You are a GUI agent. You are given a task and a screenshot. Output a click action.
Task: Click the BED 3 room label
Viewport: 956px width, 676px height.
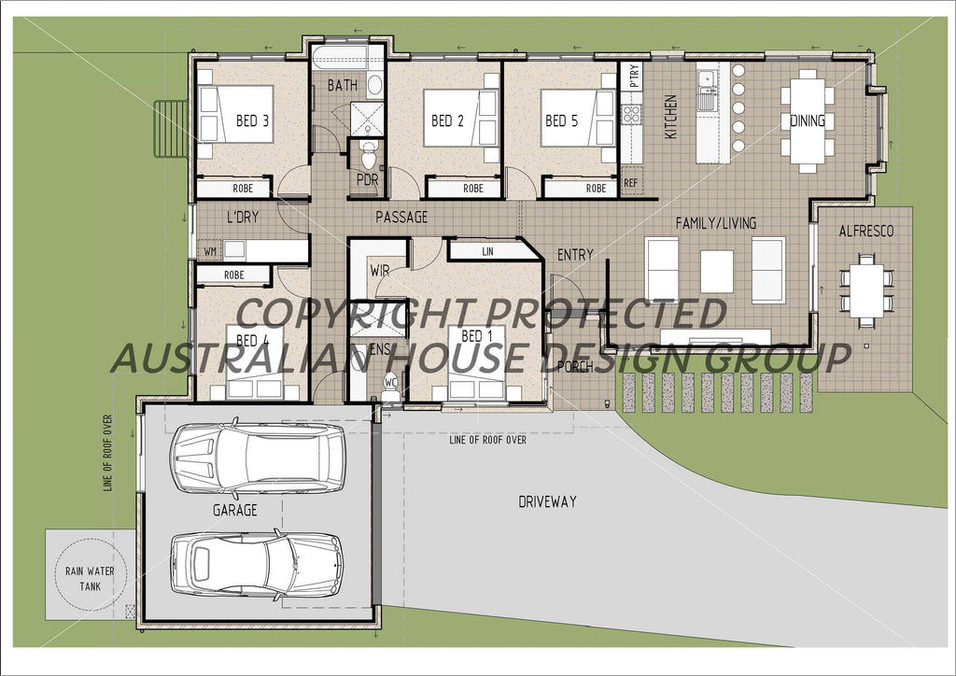click(x=253, y=120)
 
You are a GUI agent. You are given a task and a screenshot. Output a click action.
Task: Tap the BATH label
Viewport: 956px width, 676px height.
click(x=342, y=86)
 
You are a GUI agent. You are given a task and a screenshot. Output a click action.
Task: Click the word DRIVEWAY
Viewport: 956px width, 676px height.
click(x=547, y=501)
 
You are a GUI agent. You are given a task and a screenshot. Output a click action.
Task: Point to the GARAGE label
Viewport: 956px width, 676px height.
click(x=234, y=511)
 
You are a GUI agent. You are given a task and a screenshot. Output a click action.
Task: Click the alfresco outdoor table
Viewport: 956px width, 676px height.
click(x=866, y=289)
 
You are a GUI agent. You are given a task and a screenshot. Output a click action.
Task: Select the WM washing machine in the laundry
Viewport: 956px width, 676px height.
click(x=209, y=250)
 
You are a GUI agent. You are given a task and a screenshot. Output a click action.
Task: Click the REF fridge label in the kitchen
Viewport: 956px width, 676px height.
click(x=631, y=183)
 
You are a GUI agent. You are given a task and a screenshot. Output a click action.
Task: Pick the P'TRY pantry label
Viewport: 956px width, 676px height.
click(x=635, y=75)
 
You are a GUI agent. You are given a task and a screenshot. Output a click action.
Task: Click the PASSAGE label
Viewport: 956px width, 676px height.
click(x=401, y=218)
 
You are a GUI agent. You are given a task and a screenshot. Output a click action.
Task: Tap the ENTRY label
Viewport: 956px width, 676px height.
click(x=575, y=255)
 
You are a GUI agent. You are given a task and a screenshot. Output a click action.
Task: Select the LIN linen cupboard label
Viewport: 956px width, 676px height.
click(x=486, y=251)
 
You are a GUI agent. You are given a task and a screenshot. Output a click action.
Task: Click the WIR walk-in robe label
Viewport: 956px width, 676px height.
click(x=380, y=271)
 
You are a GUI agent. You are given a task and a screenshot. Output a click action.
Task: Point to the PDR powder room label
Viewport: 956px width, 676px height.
click(x=367, y=180)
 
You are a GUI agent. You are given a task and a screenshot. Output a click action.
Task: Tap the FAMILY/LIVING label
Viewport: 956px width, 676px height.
click(x=716, y=223)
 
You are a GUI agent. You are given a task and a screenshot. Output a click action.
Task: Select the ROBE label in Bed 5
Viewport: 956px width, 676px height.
click(x=596, y=189)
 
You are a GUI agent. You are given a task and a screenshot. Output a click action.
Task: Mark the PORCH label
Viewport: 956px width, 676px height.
click(x=575, y=366)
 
